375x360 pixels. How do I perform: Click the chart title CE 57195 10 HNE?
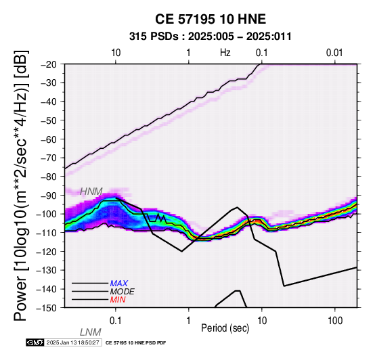coord(211,19)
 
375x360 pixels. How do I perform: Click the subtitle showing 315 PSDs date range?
coord(211,37)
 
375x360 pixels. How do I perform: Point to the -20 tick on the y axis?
coord(49,64)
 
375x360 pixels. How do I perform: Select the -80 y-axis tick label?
coord(49,177)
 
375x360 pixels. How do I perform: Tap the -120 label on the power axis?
coord(48,252)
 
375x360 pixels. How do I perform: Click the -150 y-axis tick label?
coord(48,308)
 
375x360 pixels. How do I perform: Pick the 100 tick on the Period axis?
coord(335,321)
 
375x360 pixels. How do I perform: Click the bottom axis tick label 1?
coord(189,321)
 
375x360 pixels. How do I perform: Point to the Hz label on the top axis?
coord(225,53)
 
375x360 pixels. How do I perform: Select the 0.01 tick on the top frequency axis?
coord(335,53)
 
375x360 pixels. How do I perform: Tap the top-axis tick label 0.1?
coord(262,53)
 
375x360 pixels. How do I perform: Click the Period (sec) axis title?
coord(225,328)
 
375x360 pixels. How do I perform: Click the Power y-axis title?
coord(21,185)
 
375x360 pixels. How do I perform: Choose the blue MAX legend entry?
coord(119,284)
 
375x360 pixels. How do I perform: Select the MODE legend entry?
coord(123,292)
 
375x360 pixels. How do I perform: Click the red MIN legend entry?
coord(118,300)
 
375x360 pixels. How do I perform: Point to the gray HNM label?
coord(91,192)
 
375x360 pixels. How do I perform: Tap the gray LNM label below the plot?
coord(91,332)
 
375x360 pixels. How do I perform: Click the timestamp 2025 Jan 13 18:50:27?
coord(72,342)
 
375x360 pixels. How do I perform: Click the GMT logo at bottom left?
coord(35,342)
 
